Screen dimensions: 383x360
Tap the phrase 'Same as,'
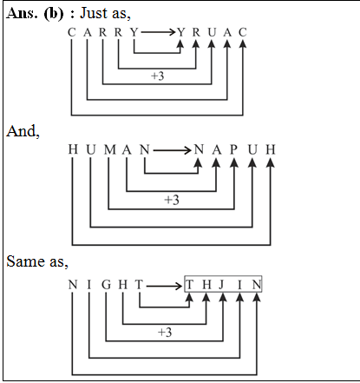point(32,261)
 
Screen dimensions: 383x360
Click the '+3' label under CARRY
point(158,76)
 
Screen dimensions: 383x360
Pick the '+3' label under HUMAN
point(171,200)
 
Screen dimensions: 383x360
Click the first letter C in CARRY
point(71,33)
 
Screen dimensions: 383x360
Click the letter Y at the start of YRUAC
point(180,33)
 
